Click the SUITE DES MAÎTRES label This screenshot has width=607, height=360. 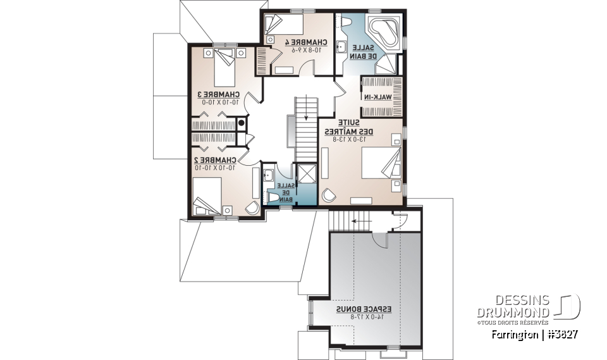[350, 127]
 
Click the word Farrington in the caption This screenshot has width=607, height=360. [513, 334]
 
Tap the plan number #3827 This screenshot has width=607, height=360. [561, 334]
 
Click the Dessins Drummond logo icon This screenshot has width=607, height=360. [567, 306]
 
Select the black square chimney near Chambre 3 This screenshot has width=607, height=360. [242, 123]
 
